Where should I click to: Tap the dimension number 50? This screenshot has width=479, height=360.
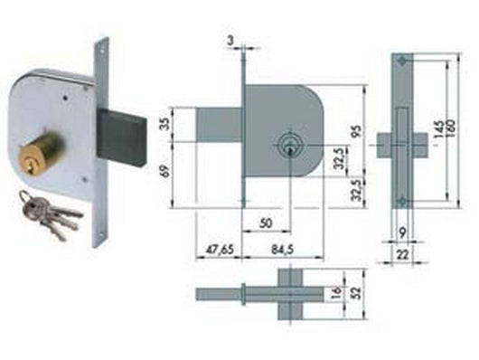point(264,222)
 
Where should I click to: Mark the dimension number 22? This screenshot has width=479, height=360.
point(402,258)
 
